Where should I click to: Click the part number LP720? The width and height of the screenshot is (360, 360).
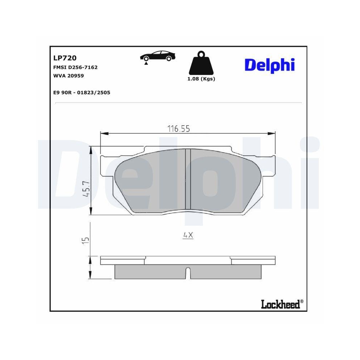click(64, 58)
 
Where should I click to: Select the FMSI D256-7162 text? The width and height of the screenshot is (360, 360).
click(75, 67)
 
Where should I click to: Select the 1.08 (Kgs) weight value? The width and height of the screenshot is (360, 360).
click(201, 79)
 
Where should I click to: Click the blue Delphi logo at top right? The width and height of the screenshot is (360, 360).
click(270, 65)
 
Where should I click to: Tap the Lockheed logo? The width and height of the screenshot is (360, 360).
click(280, 305)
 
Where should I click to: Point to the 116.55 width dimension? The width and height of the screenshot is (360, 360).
click(178, 129)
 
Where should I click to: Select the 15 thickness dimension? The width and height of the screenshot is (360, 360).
click(85, 240)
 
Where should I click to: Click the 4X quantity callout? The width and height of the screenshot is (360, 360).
click(188, 235)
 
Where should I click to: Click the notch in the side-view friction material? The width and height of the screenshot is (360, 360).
click(188, 273)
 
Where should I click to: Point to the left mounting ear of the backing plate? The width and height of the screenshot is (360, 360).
click(106, 166)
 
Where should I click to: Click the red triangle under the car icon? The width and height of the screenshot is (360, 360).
click(146, 63)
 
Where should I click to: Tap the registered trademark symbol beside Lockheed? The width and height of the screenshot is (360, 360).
click(302, 301)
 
